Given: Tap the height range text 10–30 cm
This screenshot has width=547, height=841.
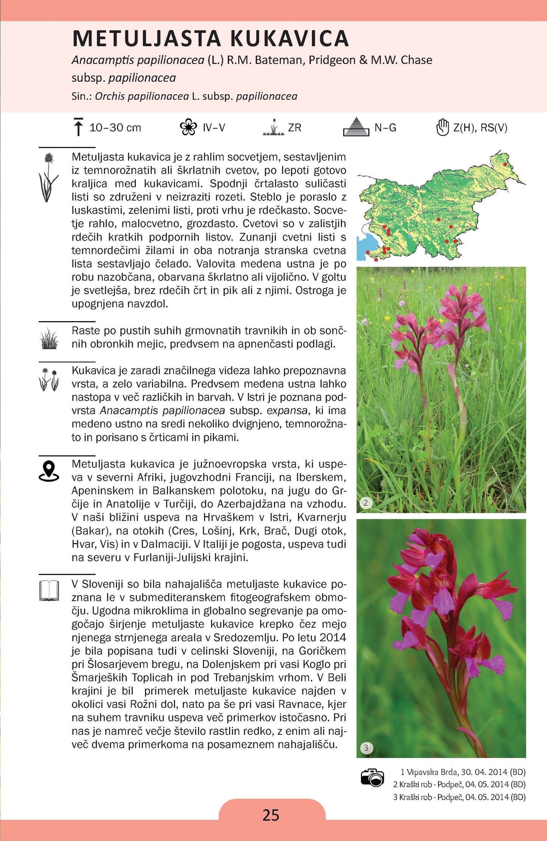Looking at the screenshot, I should coord(115,128).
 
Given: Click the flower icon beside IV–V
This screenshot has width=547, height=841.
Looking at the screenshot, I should coord(188,127).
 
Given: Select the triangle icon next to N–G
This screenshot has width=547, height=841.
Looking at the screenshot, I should coord(356,127).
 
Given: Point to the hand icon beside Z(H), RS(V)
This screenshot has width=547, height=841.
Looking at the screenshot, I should coord(442,127).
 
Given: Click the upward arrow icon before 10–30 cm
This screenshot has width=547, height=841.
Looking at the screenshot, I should coord(78,127).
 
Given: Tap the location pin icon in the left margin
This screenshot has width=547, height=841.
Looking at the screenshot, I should coord(49,471).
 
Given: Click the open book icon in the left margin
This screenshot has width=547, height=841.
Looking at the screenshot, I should coord(49,591).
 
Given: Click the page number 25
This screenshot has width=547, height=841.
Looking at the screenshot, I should coord(271,815).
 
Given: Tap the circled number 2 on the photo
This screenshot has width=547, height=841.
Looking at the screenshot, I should coord(366,503).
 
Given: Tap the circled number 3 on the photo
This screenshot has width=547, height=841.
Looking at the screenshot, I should coord(366,748).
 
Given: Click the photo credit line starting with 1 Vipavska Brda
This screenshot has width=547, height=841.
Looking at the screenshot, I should coord(463,772).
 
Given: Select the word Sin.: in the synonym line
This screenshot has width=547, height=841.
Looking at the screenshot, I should coord(82,96).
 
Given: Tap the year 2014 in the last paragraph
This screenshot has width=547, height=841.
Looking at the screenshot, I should coord(333,637).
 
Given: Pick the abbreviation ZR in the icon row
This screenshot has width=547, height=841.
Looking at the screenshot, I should coord(295,128).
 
